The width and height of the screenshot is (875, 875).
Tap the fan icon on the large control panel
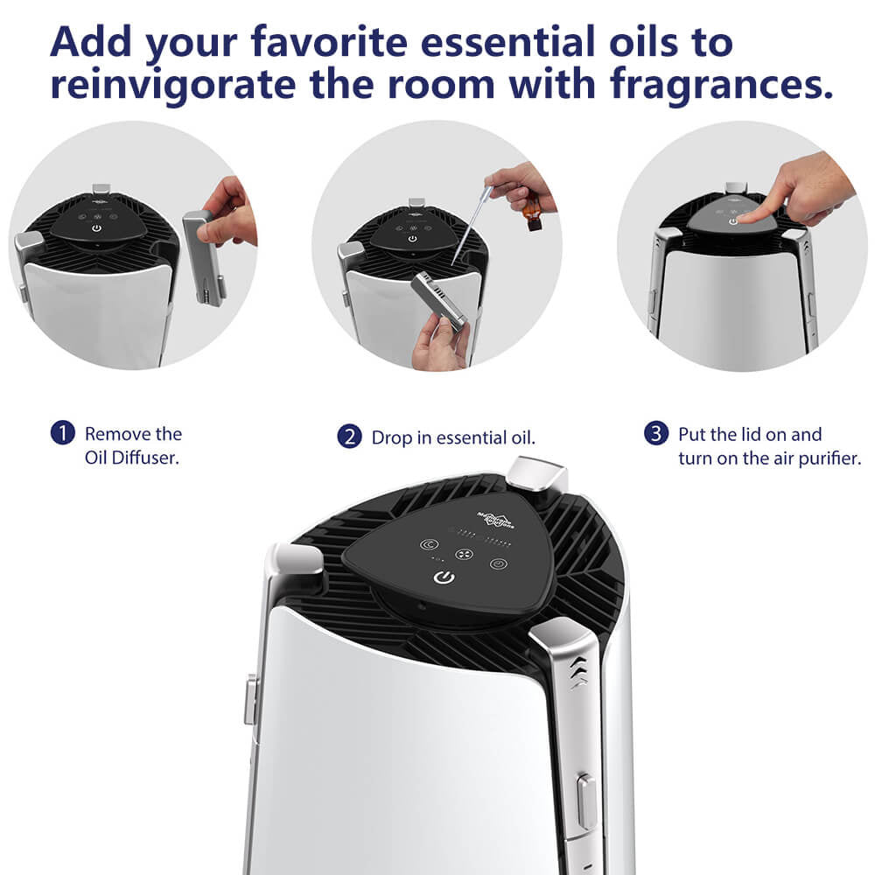[x=465, y=554]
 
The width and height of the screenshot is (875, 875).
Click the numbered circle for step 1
[x=62, y=433]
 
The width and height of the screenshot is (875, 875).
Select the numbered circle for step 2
[x=349, y=437]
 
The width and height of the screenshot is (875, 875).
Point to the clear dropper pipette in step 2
[x=469, y=229]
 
